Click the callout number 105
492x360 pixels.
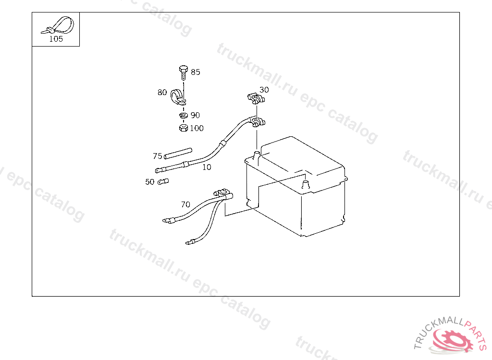click(56, 39)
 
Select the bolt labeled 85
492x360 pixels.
click(183, 73)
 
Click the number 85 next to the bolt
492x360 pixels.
click(196, 72)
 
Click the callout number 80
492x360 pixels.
click(162, 92)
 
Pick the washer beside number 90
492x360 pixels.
click(183, 116)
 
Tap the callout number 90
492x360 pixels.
click(195, 115)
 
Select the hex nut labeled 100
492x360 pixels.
click(183, 128)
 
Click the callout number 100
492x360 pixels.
click(197, 128)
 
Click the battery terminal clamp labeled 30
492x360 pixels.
click(256, 99)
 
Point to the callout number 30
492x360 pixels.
click(264, 90)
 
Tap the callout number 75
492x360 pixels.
click(158, 156)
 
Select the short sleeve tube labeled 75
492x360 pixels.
click(177, 153)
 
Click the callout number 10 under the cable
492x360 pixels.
click(207, 167)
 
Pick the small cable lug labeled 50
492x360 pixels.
click(163, 182)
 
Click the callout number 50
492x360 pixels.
click(150, 182)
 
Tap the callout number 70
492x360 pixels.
click(185, 204)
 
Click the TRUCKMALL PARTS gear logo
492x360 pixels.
click(452, 338)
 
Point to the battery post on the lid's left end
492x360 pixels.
click(257, 155)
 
